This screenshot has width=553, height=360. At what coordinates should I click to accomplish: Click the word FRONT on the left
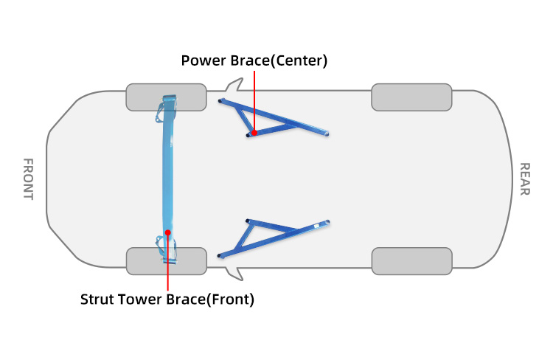(x=28, y=179)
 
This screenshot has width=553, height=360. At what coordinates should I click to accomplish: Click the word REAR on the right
(x=524, y=179)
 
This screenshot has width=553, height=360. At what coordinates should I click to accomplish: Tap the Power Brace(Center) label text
(x=254, y=60)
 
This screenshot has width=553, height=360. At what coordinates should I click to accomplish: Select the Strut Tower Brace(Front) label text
(x=167, y=300)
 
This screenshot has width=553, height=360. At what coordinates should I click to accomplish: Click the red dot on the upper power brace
(x=254, y=134)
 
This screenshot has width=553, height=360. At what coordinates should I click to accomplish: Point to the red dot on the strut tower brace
(x=168, y=232)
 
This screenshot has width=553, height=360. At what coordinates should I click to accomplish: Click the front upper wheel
(x=166, y=97)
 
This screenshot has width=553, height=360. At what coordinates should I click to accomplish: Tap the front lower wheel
(x=166, y=260)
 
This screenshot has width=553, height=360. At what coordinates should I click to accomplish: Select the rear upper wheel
(x=411, y=97)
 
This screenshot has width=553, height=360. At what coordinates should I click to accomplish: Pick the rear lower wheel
(x=411, y=260)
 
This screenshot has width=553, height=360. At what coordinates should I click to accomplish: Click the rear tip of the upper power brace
(x=325, y=134)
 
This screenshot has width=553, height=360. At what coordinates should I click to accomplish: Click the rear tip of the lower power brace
(x=325, y=223)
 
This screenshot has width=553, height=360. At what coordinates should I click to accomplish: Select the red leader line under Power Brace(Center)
(x=254, y=100)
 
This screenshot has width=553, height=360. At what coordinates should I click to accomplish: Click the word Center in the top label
(x=299, y=60)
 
